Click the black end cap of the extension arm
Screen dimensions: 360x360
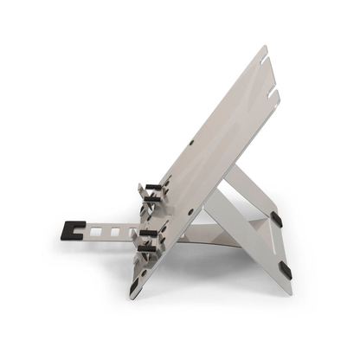pyautogui.click(x=67, y=231)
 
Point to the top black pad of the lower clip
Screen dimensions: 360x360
pyautogui.click(x=149, y=233)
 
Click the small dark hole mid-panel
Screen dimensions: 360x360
pyautogui.click(x=193, y=141)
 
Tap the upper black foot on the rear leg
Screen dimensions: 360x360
pyautogui.click(x=275, y=220)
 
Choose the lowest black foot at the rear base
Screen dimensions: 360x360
pyautogui.click(x=285, y=271)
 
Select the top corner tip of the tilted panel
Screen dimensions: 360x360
pyautogui.click(x=262, y=49)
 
